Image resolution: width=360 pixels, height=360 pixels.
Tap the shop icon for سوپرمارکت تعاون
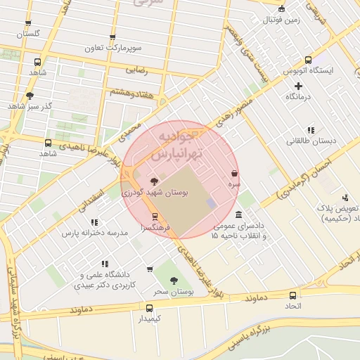point(112,38)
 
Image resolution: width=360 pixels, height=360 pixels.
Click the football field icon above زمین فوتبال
point(282,9)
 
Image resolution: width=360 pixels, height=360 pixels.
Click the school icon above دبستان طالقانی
point(311,130)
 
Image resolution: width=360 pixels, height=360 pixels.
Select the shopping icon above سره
point(234,173)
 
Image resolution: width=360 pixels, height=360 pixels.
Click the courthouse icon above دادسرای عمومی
point(239,214)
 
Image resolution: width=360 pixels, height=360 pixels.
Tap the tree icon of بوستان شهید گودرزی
point(155,181)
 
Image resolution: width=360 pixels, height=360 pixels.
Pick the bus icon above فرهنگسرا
point(155,217)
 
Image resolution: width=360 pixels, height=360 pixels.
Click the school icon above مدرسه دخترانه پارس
point(94,222)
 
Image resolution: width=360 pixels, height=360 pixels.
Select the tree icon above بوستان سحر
point(174,281)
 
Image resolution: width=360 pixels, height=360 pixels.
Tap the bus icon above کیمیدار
point(148,308)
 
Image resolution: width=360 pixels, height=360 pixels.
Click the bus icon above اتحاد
point(292,295)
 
